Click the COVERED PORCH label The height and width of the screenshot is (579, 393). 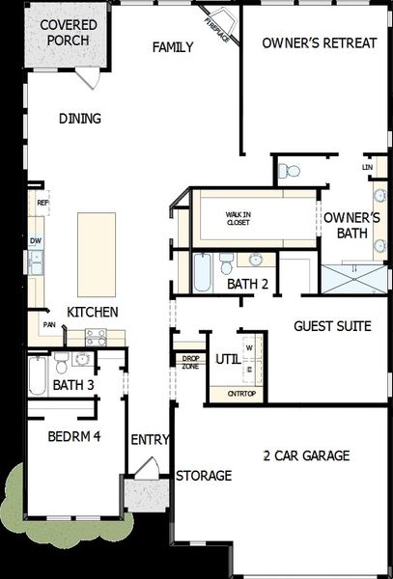(66, 33)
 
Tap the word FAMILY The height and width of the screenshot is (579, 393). (174, 46)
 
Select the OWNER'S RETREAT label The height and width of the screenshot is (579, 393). (319, 42)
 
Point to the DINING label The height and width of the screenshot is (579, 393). (80, 119)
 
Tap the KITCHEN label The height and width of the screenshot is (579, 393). (93, 312)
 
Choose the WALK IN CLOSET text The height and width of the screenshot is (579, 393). (238, 218)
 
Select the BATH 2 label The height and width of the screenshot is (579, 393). (248, 285)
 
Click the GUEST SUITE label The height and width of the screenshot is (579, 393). (332, 326)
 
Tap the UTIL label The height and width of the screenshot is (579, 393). (227, 359)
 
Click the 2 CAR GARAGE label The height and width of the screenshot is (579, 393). (306, 455)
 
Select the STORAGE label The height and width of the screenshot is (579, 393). (204, 476)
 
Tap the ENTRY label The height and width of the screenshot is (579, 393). (151, 440)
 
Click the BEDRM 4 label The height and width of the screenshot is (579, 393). (74, 436)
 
